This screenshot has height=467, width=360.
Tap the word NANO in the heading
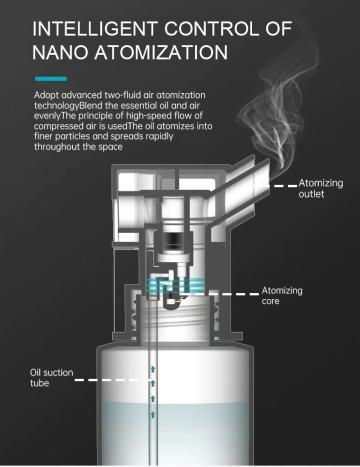pyautogui.click(x=60, y=53)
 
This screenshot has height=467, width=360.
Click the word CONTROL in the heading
pyautogui.click(x=211, y=29)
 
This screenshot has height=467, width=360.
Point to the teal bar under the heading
pyautogui.click(x=51, y=79)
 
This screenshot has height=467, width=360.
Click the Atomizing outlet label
pyautogui.click(x=320, y=188)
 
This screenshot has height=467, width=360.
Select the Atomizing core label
pyautogui.click(x=282, y=296)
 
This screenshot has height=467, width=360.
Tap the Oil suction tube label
pyautogui.click(x=51, y=378)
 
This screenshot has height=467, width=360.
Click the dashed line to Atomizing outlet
pyautogui.click(x=285, y=186)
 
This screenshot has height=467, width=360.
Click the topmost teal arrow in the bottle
pyautogui.click(x=153, y=369)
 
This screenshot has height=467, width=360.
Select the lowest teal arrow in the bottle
pyautogui.click(x=153, y=414)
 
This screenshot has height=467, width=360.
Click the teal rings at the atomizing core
pyautogui.click(x=176, y=286)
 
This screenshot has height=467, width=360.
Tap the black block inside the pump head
pyautogui.click(x=172, y=239)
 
